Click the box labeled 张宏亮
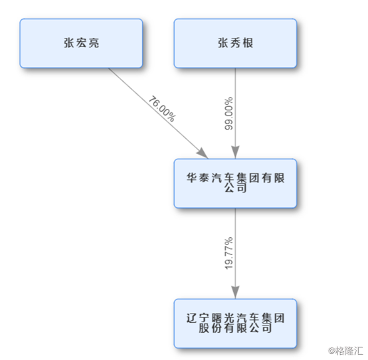pos(81,43)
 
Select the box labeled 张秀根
pos(235,43)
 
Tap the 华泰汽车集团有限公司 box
pos(235,183)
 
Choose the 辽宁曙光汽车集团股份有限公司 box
pos(235,323)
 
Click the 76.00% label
pos(162,108)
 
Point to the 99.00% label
pos(229,114)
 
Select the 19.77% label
pos(229,253)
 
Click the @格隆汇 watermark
pos(345,351)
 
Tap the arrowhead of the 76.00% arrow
pos(203,153)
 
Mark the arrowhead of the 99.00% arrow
pos(235,152)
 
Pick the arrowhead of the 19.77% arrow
pos(235,292)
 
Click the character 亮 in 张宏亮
pos(94,43)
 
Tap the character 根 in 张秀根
pos(248,43)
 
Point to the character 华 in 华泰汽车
pos(191,177)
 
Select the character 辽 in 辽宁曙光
pos(191,318)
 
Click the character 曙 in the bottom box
pos(217,318)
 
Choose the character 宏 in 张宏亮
pos(81,43)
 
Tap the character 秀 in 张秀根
pos(235,43)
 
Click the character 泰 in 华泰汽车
pos(204,177)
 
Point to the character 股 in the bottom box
pos(204,328)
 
